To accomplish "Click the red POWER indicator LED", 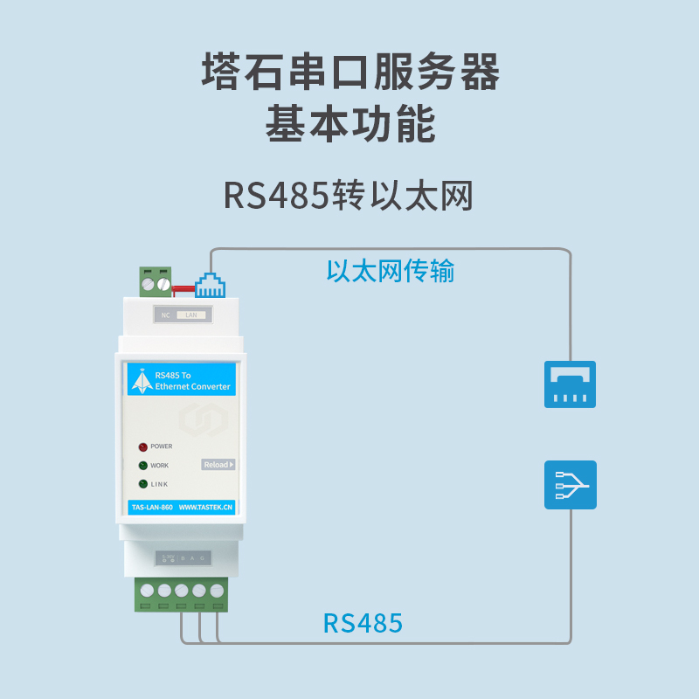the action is [x=142, y=446].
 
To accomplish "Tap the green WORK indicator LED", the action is [x=142, y=466].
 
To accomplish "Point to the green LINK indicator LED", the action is [x=142, y=484].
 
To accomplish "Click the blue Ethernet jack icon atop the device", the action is [x=210, y=285].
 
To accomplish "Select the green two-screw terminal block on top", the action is [x=156, y=282].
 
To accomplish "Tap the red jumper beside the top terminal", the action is [x=183, y=287].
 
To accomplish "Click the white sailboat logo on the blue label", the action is [x=141, y=380].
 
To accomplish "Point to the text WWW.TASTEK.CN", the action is [x=205, y=507].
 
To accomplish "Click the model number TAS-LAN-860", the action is [x=150, y=507].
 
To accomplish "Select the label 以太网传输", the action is [x=391, y=271].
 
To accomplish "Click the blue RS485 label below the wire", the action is [x=363, y=623].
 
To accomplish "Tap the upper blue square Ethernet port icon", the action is [x=570, y=384].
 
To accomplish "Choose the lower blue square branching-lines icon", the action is [x=570, y=485].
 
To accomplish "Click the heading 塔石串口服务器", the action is [x=349, y=73].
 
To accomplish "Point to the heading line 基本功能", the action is [x=349, y=126].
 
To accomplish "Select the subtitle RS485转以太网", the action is [x=348, y=197].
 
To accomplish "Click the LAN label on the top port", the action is [x=192, y=315].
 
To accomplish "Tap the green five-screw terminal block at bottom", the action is [x=181, y=594].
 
